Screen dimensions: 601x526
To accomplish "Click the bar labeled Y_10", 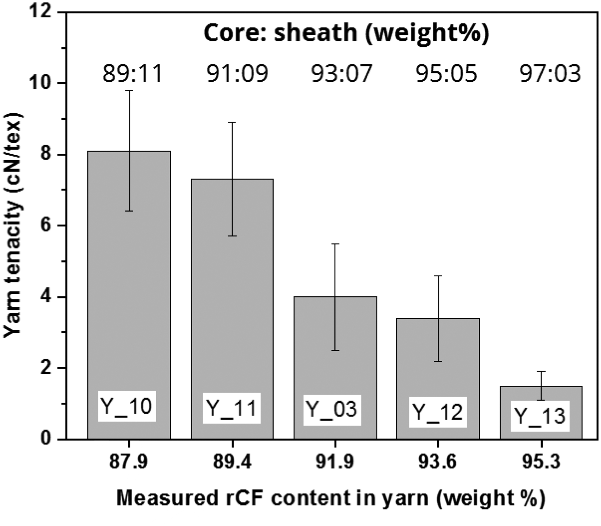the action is (129, 295).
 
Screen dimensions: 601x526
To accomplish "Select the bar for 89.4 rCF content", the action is (232, 309).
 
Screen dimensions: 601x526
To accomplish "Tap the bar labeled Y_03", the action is (335, 368).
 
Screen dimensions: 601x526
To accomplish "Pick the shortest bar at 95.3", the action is (541, 413).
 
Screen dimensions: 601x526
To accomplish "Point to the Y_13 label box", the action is (540, 416).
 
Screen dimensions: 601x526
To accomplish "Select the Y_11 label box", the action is (232, 408).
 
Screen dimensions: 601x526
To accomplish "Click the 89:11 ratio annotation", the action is (133, 74).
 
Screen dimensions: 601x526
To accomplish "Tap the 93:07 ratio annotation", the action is (342, 74).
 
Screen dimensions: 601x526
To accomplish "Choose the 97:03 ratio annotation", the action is (550, 74).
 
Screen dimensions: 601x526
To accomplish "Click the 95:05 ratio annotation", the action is (446, 74).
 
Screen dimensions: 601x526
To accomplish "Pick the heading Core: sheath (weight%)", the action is (346, 33).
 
